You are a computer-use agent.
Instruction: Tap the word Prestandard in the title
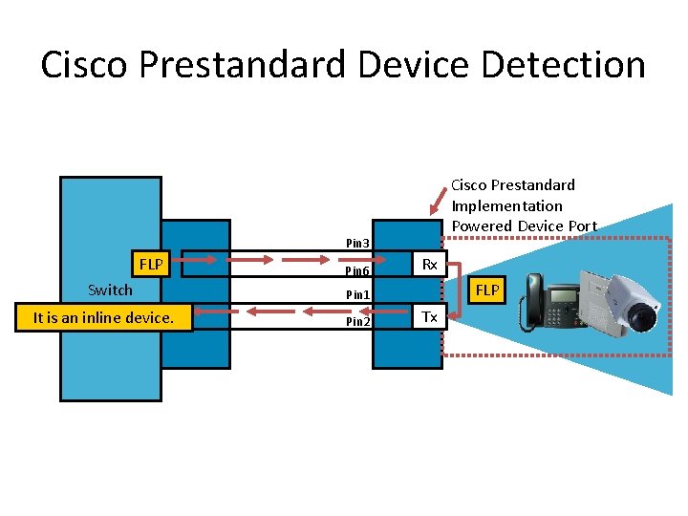click(x=243, y=65)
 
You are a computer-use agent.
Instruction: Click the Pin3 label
click(x=357, y=243)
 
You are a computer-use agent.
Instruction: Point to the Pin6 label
click(x=357, y=271)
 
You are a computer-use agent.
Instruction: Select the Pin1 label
click(x=357, y=294)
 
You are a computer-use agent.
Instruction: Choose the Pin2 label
click(x=357, y=322)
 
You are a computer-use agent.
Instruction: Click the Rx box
click(x=429, y=264)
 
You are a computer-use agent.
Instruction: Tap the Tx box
click(x=429, y=316)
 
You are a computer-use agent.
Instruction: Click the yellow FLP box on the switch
click(x=151, y=263)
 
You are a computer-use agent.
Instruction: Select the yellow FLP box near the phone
click(x=487, y=290)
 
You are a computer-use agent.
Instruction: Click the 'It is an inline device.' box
click(x=103, y=317)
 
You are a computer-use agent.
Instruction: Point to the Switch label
click(x=110, y=290)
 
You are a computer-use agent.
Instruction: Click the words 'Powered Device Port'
click(x=524, y=226)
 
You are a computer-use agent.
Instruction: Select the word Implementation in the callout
click(x=506, y=205)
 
